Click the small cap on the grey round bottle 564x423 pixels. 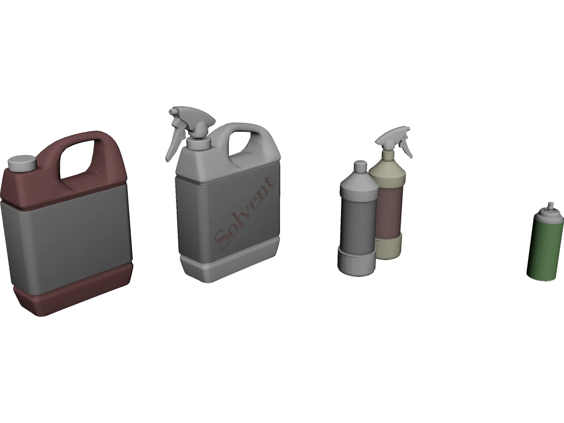360,166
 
